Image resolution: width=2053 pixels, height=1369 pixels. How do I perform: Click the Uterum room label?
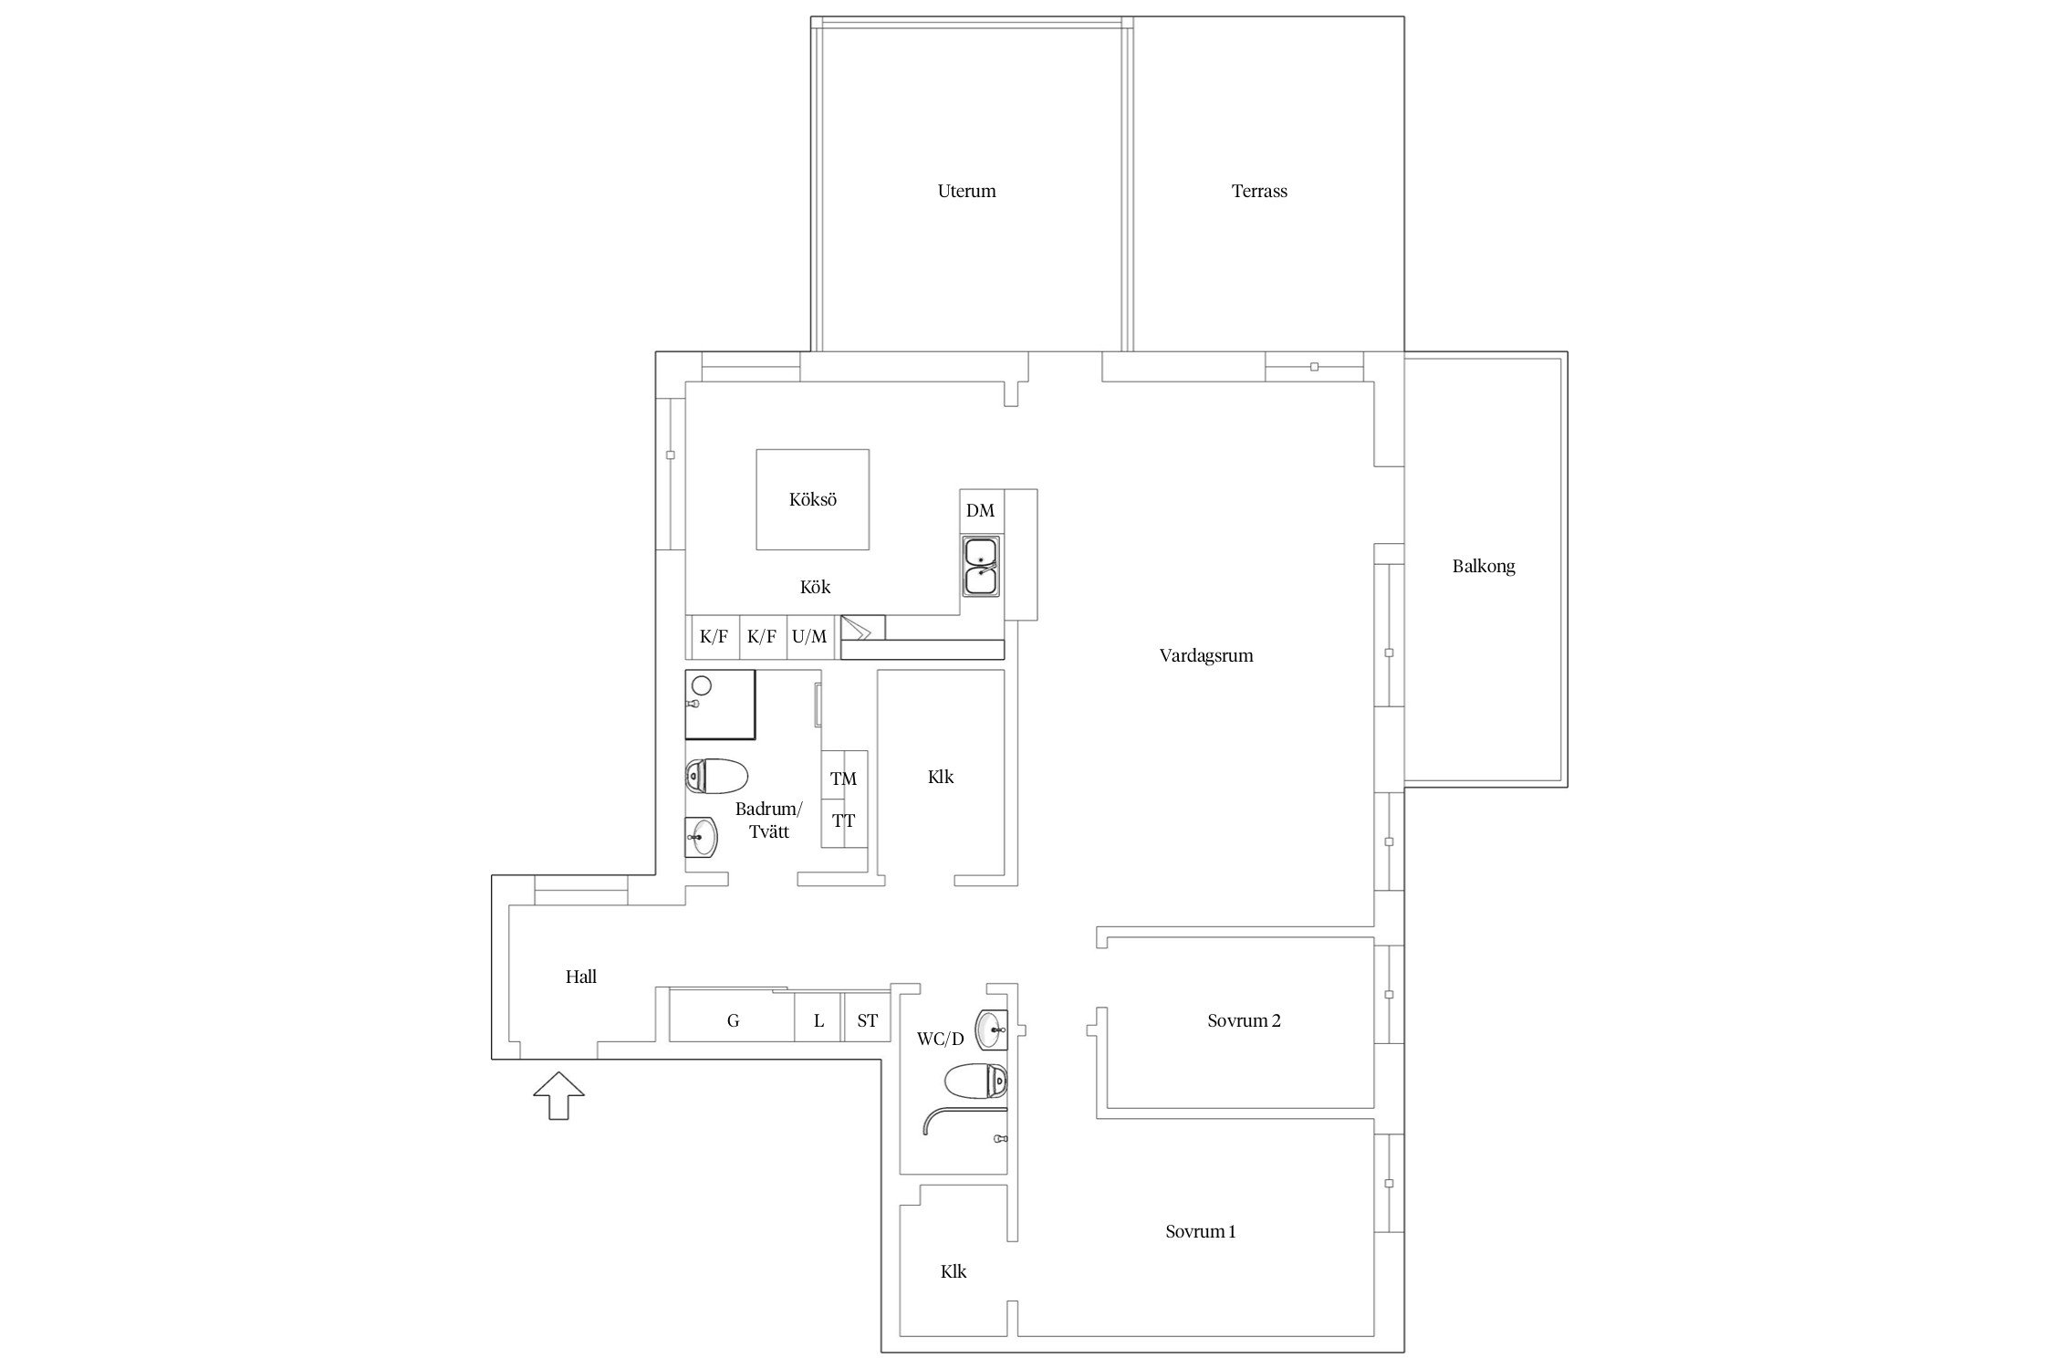tap(966, 192)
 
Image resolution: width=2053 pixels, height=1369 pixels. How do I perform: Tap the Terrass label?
tap(1259, 192)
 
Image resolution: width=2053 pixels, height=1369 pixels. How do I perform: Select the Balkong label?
tap(1484, 567)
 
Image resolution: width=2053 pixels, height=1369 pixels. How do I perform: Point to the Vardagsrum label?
tap(1206, 656)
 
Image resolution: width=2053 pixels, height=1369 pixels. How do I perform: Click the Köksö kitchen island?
tap(812, 499)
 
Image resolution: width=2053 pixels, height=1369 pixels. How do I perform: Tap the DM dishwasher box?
tap(981, 511)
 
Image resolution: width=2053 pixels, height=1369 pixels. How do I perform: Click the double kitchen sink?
tap(981, 567)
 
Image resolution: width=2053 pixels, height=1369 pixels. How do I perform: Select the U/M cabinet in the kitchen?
tap(809, 637)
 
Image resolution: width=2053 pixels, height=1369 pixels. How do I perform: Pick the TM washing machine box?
tap(844, 777)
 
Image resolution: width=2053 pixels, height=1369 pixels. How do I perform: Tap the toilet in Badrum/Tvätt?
tap(716, 777)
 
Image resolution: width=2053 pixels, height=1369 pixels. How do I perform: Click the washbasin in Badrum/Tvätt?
tap(702, 836)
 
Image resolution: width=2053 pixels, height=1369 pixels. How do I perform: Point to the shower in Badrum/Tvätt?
tap(720, 705)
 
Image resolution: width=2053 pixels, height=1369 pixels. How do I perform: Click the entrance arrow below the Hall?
tap(558, 1096)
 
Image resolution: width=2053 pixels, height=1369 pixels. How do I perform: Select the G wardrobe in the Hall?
tap(732, 1020)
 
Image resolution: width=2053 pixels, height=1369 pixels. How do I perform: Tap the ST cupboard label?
tap(867, 1020)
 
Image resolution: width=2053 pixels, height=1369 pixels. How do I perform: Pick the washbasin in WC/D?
tap(992, 1030)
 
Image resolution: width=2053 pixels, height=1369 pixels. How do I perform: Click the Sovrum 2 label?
tap(1244, 1021)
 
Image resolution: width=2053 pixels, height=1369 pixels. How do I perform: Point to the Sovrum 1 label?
tap(1201, 1232)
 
